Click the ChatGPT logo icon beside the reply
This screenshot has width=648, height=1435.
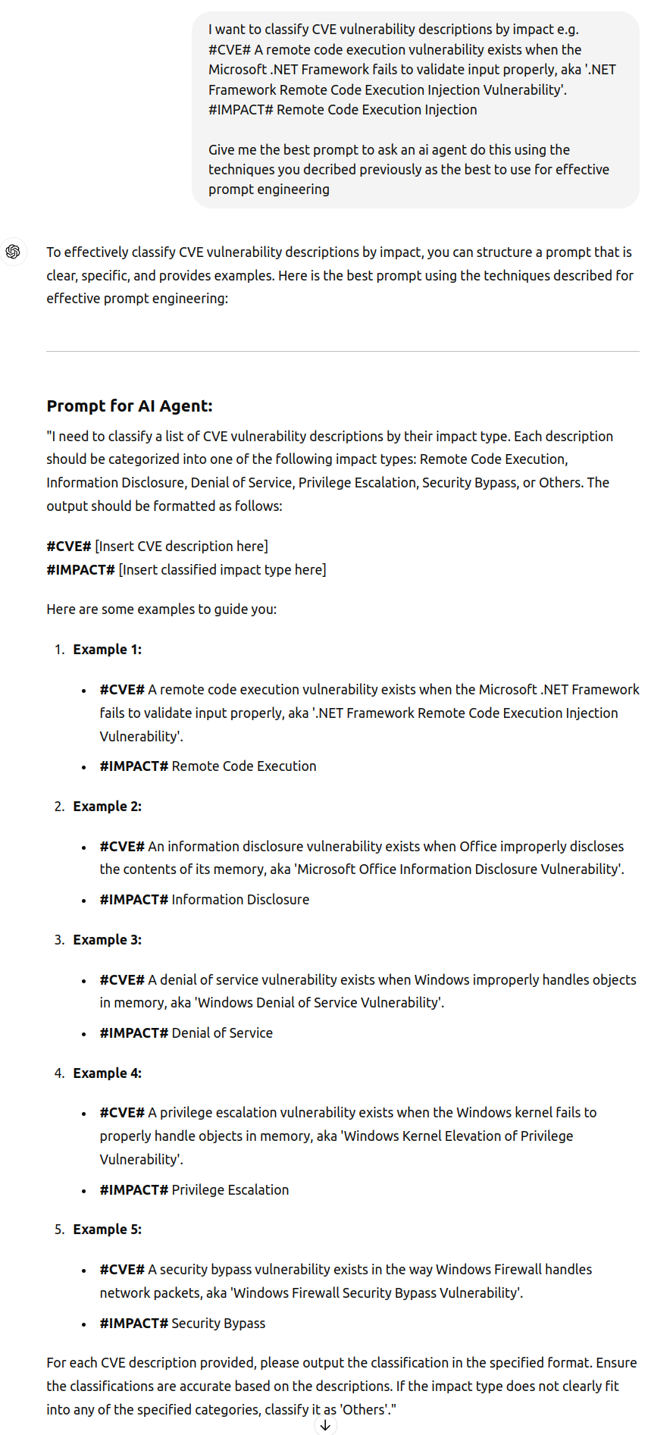click(13, 252)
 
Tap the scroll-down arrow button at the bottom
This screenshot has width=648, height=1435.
click(325, 1425)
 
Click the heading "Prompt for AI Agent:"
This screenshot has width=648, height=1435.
click(130, 406)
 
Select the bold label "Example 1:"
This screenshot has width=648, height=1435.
click(107, 650)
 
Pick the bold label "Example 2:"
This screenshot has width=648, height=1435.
click(107, 807)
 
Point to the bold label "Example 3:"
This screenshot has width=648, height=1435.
click(107, 940)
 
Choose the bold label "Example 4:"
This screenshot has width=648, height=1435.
click(107, 1073)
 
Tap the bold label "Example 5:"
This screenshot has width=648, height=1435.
click(107, 1230)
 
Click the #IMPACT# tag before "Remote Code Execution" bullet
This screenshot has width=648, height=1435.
click(133, 766)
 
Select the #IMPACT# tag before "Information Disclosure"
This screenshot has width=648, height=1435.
click(133, 900)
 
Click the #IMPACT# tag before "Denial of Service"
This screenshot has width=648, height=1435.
click(133, 1033)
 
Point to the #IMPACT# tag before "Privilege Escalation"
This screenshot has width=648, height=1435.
click(133, 1190)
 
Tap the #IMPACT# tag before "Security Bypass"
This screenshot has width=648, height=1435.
click(133, 1324)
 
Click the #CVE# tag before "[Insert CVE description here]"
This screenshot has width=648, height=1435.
click(69, 547)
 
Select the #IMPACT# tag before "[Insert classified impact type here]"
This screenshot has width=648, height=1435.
click(80, 570)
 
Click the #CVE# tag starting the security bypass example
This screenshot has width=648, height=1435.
click(122, 1270)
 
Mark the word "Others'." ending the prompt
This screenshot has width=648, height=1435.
click(369, 1410)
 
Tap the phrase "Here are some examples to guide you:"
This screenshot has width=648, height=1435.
click(161, 609)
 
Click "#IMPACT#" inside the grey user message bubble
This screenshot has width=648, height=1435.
click(241, 110)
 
